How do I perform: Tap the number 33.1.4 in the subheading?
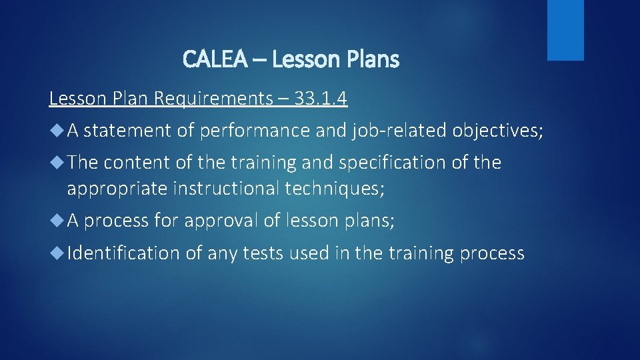[320, 99]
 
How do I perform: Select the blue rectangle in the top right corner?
[565, 29]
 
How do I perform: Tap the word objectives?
[498, 131]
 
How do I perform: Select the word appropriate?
[117, 189]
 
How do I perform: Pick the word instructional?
[226, 189]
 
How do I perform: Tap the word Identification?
[123, 253]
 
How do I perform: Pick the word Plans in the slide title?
[373, 60]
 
